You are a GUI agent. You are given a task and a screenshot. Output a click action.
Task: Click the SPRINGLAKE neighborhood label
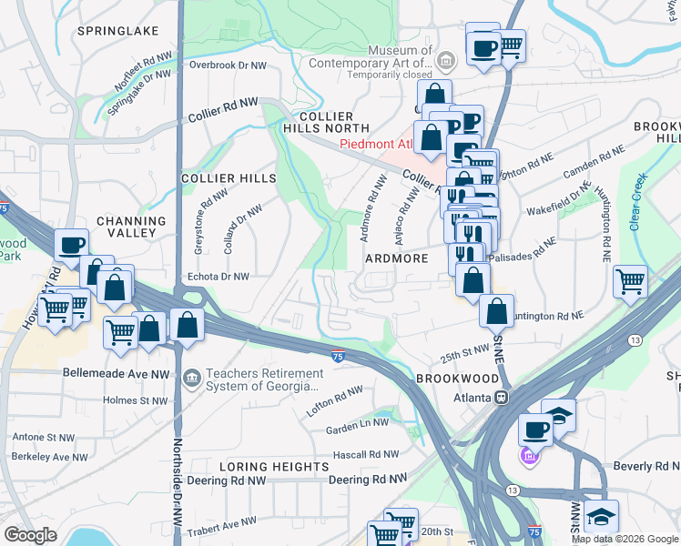117,31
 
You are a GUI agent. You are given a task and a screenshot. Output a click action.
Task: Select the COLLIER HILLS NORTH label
326,123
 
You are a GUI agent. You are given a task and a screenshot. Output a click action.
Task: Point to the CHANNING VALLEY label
131,227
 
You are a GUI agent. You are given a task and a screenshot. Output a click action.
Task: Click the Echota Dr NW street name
217,276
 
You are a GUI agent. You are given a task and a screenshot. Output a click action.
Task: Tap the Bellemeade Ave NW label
116,373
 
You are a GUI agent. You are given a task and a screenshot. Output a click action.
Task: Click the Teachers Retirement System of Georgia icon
191,377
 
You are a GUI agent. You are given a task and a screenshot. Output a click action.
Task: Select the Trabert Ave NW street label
222,523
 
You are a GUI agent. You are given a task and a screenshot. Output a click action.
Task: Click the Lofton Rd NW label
335,401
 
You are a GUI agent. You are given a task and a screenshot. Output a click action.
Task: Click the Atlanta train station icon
501,398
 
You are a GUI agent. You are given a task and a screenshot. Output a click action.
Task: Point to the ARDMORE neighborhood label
396,258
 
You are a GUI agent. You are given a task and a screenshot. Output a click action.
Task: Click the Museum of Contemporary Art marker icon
446,62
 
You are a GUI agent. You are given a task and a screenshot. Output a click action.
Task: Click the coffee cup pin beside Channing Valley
71,244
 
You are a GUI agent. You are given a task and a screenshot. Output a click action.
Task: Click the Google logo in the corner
31,535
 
